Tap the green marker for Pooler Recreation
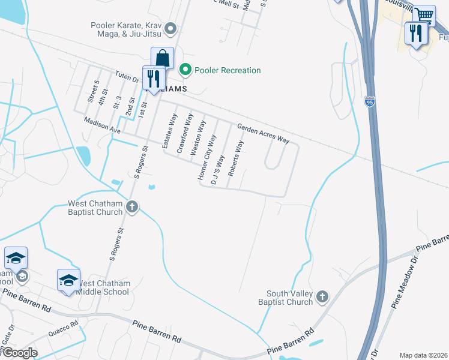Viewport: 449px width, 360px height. coord(185,70)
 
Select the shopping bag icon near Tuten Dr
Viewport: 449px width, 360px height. coord(162,58)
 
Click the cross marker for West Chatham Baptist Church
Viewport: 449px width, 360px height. coord(132,207)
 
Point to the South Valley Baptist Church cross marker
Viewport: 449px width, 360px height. coord(322,296)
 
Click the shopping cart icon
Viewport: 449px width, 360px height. coord(424,14)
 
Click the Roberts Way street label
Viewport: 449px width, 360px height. coord(236,158)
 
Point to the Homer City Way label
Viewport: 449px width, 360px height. coord(207,157)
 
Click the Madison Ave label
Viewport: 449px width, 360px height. coord(103,125)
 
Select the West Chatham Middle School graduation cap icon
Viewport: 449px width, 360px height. coord(68,280)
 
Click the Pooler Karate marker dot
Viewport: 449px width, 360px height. coord(170,28)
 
